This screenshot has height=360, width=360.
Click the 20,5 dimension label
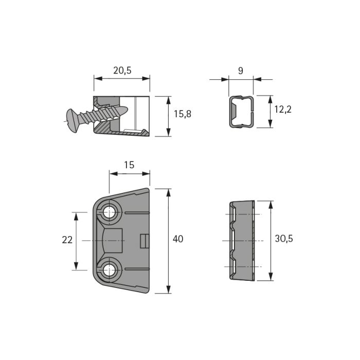(122, 70)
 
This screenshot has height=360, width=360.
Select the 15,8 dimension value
(182, 114)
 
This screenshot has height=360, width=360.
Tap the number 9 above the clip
(241, 71)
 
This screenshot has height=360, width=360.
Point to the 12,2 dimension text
(283, 109)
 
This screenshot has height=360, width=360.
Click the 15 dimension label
(129, 165)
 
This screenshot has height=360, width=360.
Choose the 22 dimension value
(67, 240)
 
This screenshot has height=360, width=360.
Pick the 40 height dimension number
(178, 239)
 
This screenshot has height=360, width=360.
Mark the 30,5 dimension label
(284, 239)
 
